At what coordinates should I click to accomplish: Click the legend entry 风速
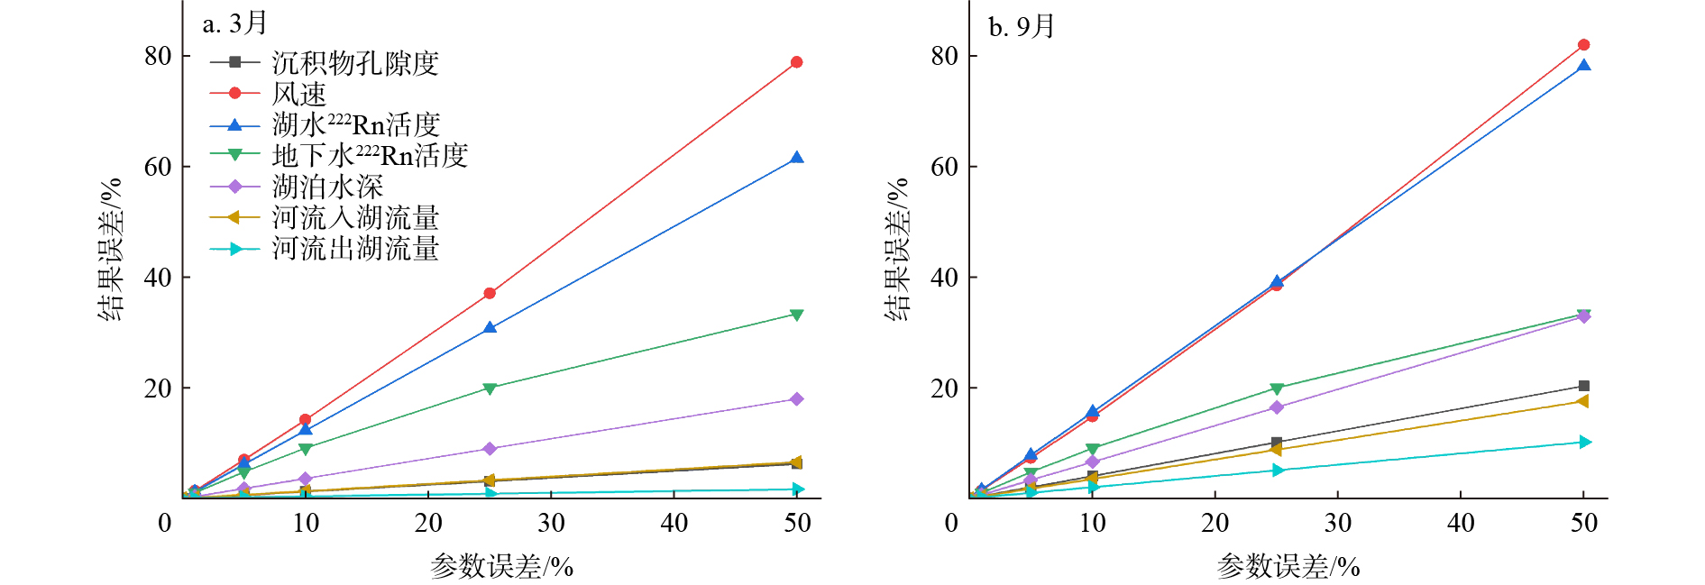click(298, 94)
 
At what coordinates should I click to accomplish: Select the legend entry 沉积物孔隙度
click(354, 63)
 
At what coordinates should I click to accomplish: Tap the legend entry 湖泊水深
click(327, 187)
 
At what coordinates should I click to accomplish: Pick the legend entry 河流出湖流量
click(354, 249)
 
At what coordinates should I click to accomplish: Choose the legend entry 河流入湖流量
click(354, 218)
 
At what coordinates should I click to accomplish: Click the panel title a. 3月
click(234, 23)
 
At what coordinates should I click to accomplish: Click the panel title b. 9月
click(1021, 27)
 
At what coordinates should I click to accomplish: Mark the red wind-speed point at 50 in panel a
click(796, 62)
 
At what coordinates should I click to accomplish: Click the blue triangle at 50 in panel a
click(796, 158)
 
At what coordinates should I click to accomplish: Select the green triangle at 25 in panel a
click(490, 388)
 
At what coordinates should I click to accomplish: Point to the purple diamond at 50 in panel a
click(796, 399)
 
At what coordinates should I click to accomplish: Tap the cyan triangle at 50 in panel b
click(1584, 442)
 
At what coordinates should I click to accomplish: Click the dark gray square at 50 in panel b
click(1584, 386)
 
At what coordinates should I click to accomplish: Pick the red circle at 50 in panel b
click(1584, 45)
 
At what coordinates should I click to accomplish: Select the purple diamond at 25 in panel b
click(1277, 407)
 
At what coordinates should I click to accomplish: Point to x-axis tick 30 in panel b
click(1338, 523)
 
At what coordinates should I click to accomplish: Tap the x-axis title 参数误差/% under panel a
click(501, 566)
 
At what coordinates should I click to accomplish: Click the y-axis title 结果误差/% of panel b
click(897, 250)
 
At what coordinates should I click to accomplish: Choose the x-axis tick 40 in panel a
click(674, 523)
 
